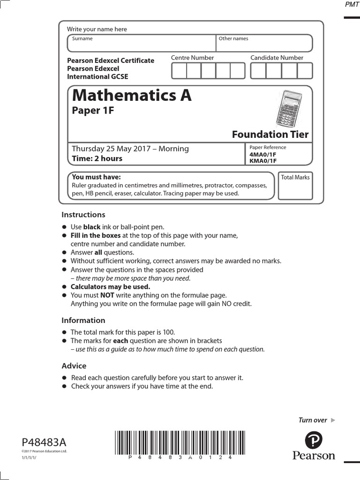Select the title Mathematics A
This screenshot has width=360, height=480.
point(132,96)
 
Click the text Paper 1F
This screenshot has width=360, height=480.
point(93,111)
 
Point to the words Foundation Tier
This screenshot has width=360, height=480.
point(270,135)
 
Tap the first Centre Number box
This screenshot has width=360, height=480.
point(179,70)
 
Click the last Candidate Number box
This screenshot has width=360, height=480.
point(305,70)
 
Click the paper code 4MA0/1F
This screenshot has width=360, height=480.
point(263,154)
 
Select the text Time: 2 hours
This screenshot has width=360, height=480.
point(97,158)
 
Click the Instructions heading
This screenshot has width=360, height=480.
point(83,215)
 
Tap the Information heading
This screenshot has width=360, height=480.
point(83,321)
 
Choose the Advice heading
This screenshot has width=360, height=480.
point(74,366)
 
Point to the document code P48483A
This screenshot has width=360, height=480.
point(44,442)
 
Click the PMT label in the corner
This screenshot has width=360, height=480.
point(351,4)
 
